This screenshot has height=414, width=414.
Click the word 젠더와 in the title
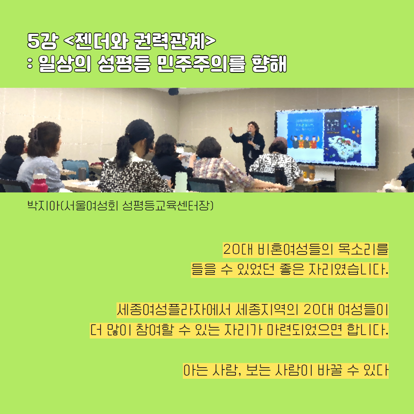click(102, 41)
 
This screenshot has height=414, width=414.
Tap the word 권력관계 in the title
click(169, 41)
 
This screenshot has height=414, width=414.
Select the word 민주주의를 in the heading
click(201, 64)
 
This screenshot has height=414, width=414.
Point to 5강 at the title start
click(43, 41)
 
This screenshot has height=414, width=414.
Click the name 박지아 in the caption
click(44, 206)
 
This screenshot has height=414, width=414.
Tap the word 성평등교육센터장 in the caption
click(167, 206)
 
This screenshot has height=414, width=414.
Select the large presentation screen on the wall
click(327, 137)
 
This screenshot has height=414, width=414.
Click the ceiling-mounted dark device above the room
click(174, 91)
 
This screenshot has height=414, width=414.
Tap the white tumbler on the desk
click(181, 182)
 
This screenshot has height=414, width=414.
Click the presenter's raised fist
click(231, 130)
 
